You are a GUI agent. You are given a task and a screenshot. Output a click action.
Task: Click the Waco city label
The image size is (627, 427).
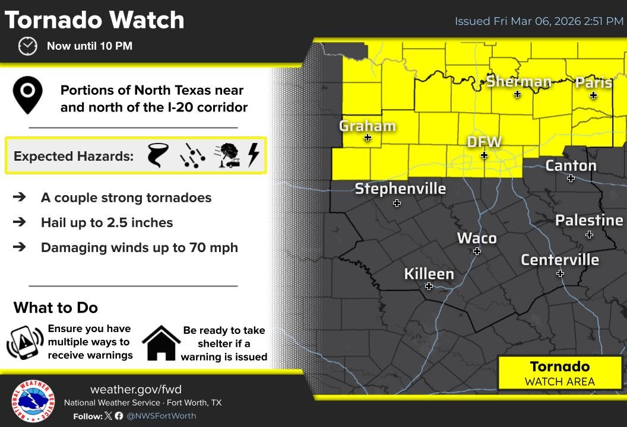(477, 238)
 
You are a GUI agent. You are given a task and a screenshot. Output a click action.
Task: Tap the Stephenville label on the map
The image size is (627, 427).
(400, 189)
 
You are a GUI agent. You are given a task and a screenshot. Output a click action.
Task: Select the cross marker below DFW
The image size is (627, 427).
(484, 155)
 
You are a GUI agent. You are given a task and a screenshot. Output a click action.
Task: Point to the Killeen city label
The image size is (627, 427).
(429, 274)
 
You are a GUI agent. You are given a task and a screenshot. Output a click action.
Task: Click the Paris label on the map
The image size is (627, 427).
(593, 82)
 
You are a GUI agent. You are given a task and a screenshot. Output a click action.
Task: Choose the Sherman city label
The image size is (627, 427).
(519, 82)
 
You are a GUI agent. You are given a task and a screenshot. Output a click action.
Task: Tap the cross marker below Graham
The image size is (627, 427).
(368, 138)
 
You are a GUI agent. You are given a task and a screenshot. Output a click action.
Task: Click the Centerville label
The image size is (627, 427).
(560, 260)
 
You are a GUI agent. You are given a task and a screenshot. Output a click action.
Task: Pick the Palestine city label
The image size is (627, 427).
(589, 221)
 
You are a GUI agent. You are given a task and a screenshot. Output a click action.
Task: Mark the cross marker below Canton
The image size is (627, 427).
(571, 179)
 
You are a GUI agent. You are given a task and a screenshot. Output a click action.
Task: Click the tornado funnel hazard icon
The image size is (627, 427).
(158, 155)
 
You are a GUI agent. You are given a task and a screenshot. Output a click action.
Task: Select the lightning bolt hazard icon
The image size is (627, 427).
(254, 155)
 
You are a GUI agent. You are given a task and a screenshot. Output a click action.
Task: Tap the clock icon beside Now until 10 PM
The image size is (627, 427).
(27, 46)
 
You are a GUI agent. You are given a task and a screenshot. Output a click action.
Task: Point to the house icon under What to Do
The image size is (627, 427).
(161, 343)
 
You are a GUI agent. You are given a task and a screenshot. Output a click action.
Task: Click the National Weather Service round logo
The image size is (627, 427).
(33, 401)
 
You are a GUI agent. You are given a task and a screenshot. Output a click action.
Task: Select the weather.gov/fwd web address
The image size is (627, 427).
(136, 390)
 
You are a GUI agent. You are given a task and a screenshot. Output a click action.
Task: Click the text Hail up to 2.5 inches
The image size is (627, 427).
(107, 223)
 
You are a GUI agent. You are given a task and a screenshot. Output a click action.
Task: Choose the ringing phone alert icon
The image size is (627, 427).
(25, 342)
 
